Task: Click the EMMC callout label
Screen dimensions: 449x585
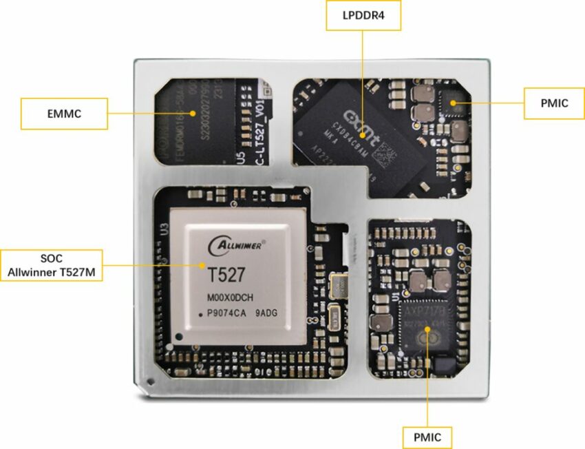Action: pyautogui.click(x=64, y=114)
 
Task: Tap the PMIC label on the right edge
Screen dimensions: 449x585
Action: pyautogui.click(x=554, y=103)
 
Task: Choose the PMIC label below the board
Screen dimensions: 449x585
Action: pyautogui.click(x=428, y=437)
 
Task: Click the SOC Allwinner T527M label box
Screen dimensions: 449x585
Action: pyautogui.click(x=52, y=265)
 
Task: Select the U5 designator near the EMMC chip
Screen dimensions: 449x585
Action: pyautogui.click(x=240, y=158)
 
